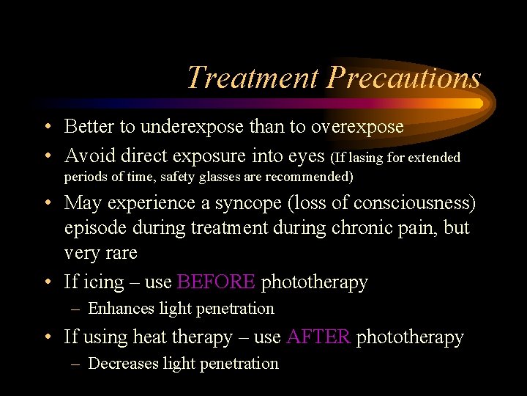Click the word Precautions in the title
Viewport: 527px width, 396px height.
point(404,78)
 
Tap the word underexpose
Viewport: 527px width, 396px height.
point(184,127)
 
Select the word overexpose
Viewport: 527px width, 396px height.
point(357,127)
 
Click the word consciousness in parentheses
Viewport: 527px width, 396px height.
point(411,202)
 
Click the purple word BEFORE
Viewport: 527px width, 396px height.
point(217,282)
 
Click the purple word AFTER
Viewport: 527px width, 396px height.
point(319,337)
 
